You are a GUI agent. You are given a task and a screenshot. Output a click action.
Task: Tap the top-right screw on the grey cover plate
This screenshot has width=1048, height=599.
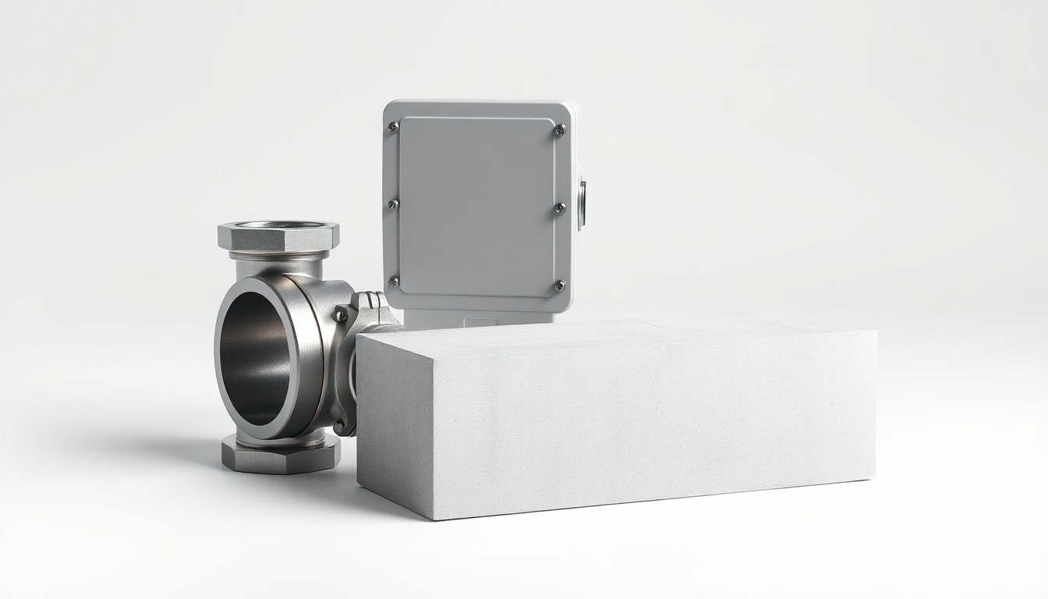(x=560, y=130)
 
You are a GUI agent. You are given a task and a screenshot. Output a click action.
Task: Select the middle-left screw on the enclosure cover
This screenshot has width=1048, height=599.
(x=393, y=204)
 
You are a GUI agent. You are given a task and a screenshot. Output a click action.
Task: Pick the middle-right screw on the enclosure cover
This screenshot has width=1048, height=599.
(x=560, y=208)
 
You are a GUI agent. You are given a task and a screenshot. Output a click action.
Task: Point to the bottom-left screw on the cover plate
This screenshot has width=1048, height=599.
(x=394, y=282)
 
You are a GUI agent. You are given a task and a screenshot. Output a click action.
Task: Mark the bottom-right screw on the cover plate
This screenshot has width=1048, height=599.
(x=559, y=285)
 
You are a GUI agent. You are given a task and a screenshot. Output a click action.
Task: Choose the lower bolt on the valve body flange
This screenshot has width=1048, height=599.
(x=338, y=425)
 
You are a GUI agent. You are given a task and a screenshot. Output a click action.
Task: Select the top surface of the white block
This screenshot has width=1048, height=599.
(x=616, y=331)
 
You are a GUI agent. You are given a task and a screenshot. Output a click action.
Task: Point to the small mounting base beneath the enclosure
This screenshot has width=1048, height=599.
(x=468, y=317)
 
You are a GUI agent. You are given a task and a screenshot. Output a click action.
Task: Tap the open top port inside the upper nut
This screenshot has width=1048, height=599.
(x=279, y=227)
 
